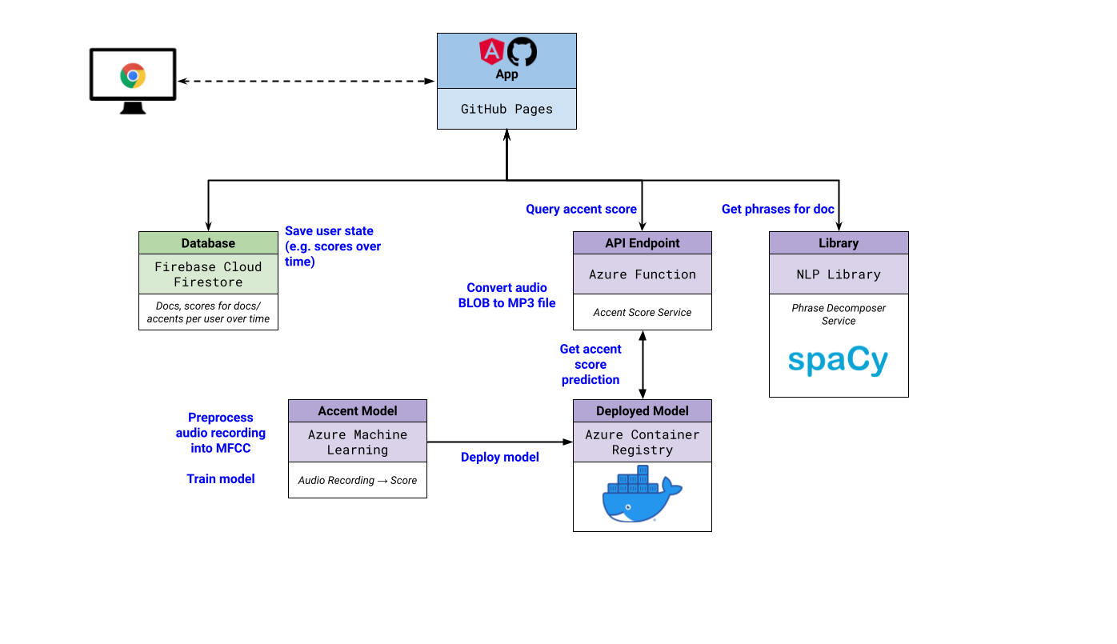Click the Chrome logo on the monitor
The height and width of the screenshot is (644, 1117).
coord(133,76)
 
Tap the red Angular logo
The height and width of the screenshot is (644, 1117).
coord(490,52)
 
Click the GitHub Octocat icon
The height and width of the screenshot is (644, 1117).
coord(522,52)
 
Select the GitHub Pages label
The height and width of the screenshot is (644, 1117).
coord(506,109)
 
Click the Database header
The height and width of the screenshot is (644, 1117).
coord(208,243)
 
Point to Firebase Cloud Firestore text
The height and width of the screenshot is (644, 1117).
coord(208,274)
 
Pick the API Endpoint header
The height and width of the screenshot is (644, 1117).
coord(643,243)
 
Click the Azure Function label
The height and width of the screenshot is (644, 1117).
coord(643,274)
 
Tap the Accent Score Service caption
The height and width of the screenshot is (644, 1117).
coord(643,313)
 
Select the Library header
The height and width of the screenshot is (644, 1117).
coord(839,243)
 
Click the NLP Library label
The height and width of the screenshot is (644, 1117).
coord(839,274)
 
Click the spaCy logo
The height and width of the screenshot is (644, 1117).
coord(839,361)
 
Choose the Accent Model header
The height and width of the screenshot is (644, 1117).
coord(358,411)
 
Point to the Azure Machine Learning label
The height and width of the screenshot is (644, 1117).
coord(358,442)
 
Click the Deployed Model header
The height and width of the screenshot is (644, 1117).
coord(643,411)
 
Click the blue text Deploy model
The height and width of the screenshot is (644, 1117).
coord(500,458)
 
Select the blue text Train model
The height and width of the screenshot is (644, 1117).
coord(221,478)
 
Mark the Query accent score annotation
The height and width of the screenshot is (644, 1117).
coord(582,210)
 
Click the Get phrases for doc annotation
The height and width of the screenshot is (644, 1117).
coord(778,210)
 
